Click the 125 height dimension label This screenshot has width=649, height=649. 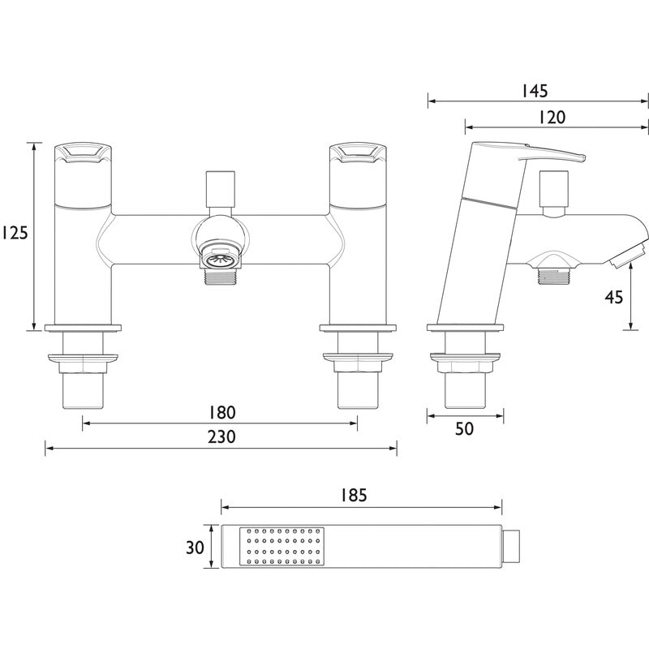click(x=15, y=234)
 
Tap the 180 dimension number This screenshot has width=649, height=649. click(x=220, y=411)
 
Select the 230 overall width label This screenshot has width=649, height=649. click(x=220, y=436)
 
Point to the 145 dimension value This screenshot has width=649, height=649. click(x=538, y=90)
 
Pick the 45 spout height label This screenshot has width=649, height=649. click(x=614, y=297)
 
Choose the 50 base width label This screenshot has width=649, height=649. click(x=464, y=429)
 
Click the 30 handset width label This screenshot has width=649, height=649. click(x=195, y=547)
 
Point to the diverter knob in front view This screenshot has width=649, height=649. click(x=219, y=188)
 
